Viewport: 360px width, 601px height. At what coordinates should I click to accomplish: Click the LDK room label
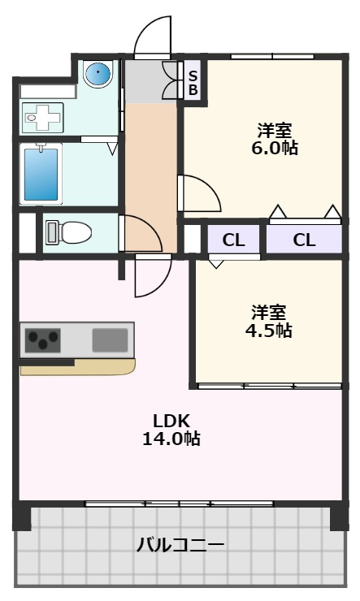pos(171,421)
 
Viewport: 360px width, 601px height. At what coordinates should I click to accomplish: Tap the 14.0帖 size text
pos(171,439)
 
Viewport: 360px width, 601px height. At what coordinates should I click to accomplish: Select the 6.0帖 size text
pos(275,148)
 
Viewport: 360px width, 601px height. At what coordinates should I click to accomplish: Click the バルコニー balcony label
pos(180,544)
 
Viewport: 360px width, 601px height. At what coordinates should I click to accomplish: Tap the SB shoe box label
pos(193,83)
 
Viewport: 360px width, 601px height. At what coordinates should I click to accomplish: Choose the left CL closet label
pos(233,240)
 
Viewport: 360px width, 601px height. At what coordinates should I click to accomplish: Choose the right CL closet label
pos(304,240)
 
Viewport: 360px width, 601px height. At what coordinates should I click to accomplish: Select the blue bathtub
pos(41,172)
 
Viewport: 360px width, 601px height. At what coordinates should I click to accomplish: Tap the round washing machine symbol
pos(98,74)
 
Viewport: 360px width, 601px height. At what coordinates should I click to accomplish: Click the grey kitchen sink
pos(110,339)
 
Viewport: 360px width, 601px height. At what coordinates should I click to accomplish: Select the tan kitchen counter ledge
pos(77,368)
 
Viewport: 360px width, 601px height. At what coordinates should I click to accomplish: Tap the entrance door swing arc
pos(153,37)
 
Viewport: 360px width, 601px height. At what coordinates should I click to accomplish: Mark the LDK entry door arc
pos(151,276)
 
